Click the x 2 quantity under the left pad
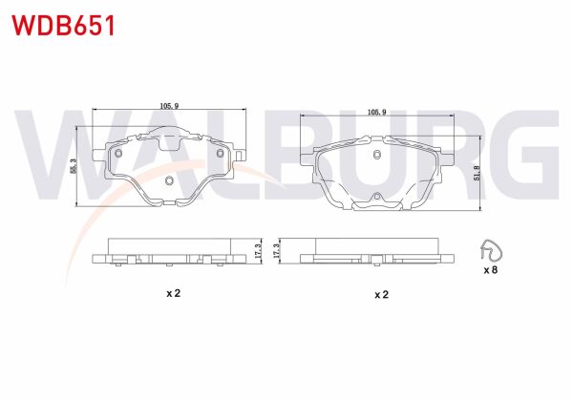point(172,294)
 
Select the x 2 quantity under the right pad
point(380,294)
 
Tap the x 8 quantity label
point(491,271)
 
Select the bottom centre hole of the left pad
point(169,181)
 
